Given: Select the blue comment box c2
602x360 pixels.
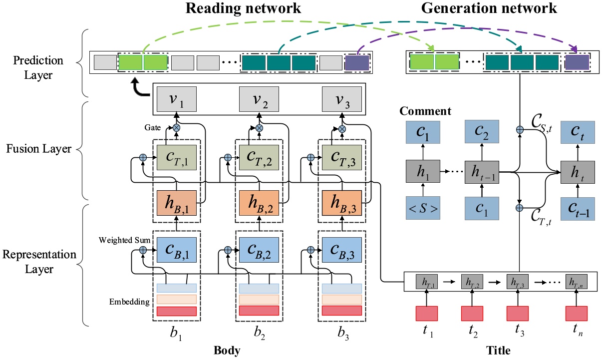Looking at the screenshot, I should click(481, 134).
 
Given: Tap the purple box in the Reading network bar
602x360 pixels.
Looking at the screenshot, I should click(357, 62).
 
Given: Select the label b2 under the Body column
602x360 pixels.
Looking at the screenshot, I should click(259, 333).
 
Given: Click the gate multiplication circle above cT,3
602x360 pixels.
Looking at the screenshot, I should click(342, 129).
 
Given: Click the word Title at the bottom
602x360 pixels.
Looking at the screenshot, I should click(498, 351).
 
